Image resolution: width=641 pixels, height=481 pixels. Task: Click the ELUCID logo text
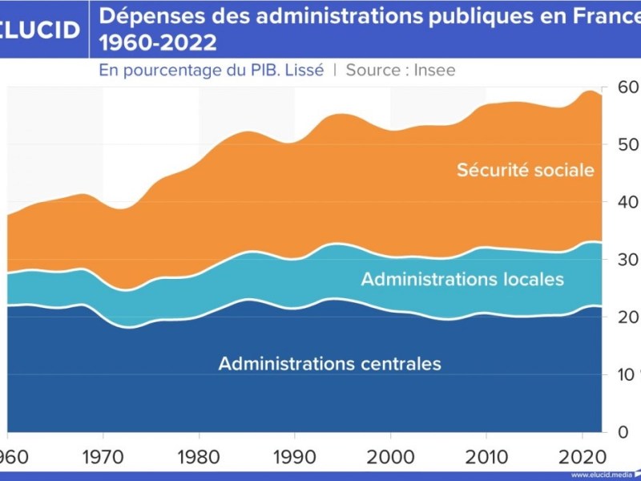(x=40, y=30)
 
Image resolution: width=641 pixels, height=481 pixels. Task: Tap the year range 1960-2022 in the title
(x=158, y=41)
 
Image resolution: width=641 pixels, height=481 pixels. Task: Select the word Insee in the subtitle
(x=434, y=70)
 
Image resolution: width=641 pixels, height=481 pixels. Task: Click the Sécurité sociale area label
(x=526, y=170)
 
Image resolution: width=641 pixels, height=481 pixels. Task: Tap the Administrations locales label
(x=462, y=280)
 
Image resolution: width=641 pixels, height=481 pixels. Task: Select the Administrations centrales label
(x=329, y=363)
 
